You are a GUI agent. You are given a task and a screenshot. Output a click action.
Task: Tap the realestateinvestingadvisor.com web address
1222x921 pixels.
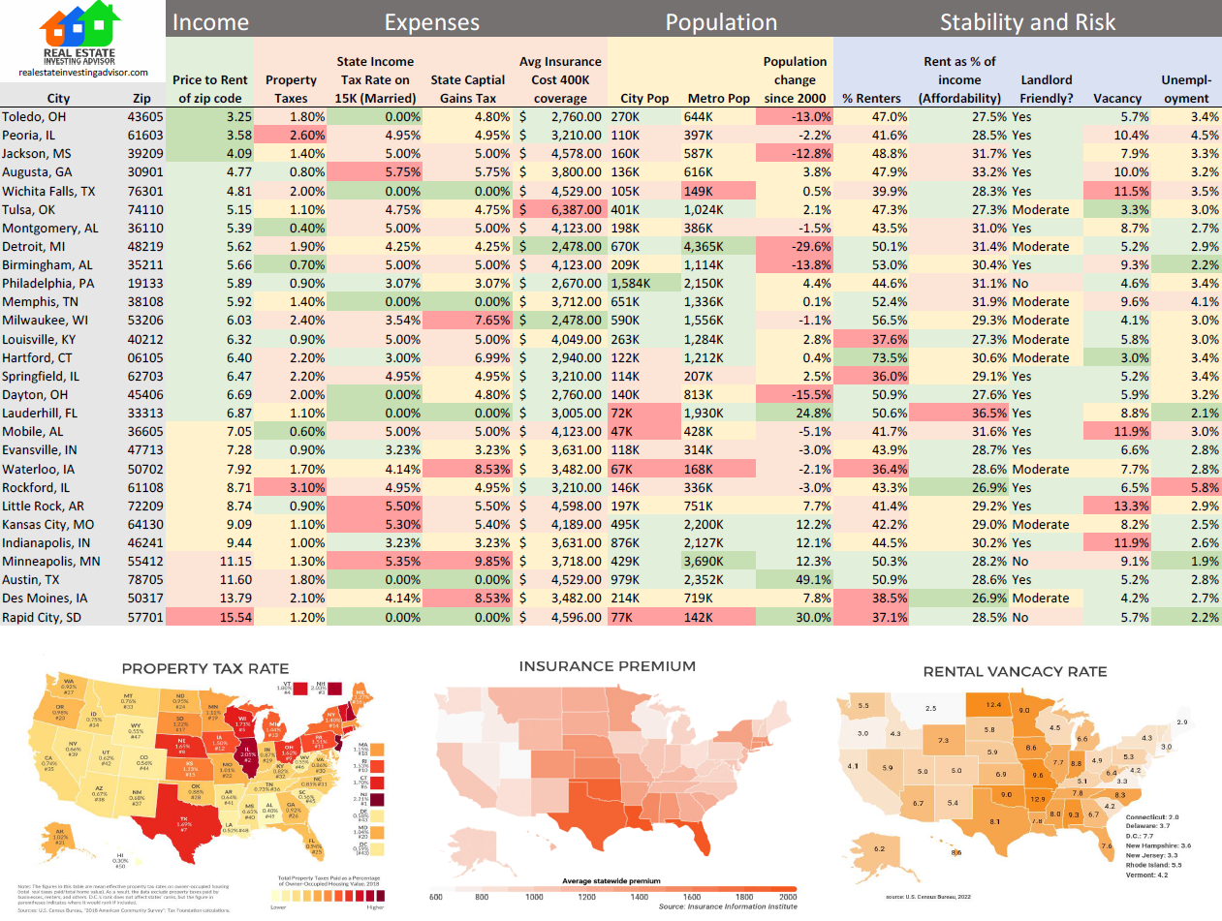point(82,73)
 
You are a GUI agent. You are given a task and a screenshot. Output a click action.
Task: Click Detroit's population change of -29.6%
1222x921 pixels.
point(794,247)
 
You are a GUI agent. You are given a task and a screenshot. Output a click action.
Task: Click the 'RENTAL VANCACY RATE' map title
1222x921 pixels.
point(1015,671)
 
